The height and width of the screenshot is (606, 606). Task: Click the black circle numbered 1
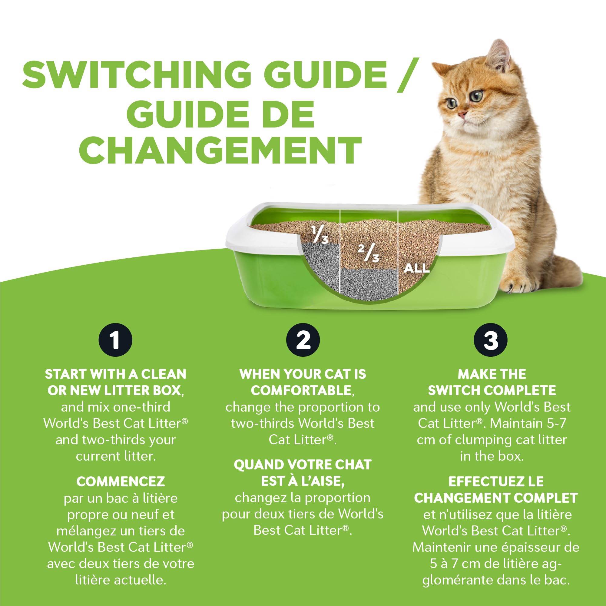115,340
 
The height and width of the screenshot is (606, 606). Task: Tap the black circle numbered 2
303,340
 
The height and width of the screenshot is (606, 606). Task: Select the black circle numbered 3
491,340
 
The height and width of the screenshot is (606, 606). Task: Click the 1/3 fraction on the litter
320,235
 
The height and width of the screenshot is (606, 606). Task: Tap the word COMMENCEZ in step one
121,482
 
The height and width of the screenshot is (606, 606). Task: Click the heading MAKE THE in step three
492,374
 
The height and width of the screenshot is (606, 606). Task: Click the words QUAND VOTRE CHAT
303,465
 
